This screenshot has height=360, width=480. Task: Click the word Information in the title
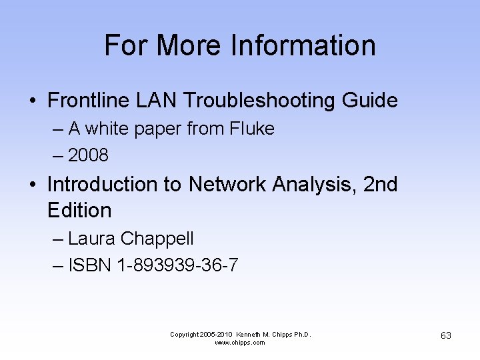[303, 46]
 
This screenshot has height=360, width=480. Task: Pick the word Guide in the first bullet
[369, 101]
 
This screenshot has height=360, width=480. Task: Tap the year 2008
[88, 155]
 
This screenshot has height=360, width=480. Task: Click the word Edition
[79, 210]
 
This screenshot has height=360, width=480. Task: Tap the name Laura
[92, 238]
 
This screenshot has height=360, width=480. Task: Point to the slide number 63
[446, 335]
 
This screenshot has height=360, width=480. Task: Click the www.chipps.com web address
[240, 343]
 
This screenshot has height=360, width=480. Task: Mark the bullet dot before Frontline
[32, 101]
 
